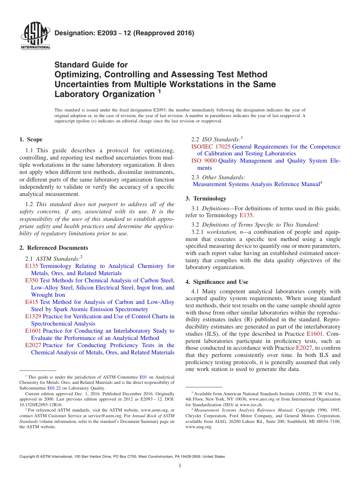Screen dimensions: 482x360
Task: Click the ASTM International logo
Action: [35, 36]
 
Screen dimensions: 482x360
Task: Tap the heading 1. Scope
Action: [31, 139]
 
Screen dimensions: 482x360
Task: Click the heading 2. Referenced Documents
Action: [53, 248]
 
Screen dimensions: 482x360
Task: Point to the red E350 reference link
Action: [31, 280]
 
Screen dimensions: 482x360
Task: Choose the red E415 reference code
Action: [31, 302]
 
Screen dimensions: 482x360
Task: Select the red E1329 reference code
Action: [33, 316]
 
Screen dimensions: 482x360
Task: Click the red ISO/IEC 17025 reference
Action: [211, 147]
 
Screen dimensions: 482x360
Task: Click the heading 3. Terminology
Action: [206, 199]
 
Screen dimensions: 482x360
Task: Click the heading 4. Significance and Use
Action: [217, 282]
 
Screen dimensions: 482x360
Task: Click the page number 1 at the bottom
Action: [180, 466]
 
